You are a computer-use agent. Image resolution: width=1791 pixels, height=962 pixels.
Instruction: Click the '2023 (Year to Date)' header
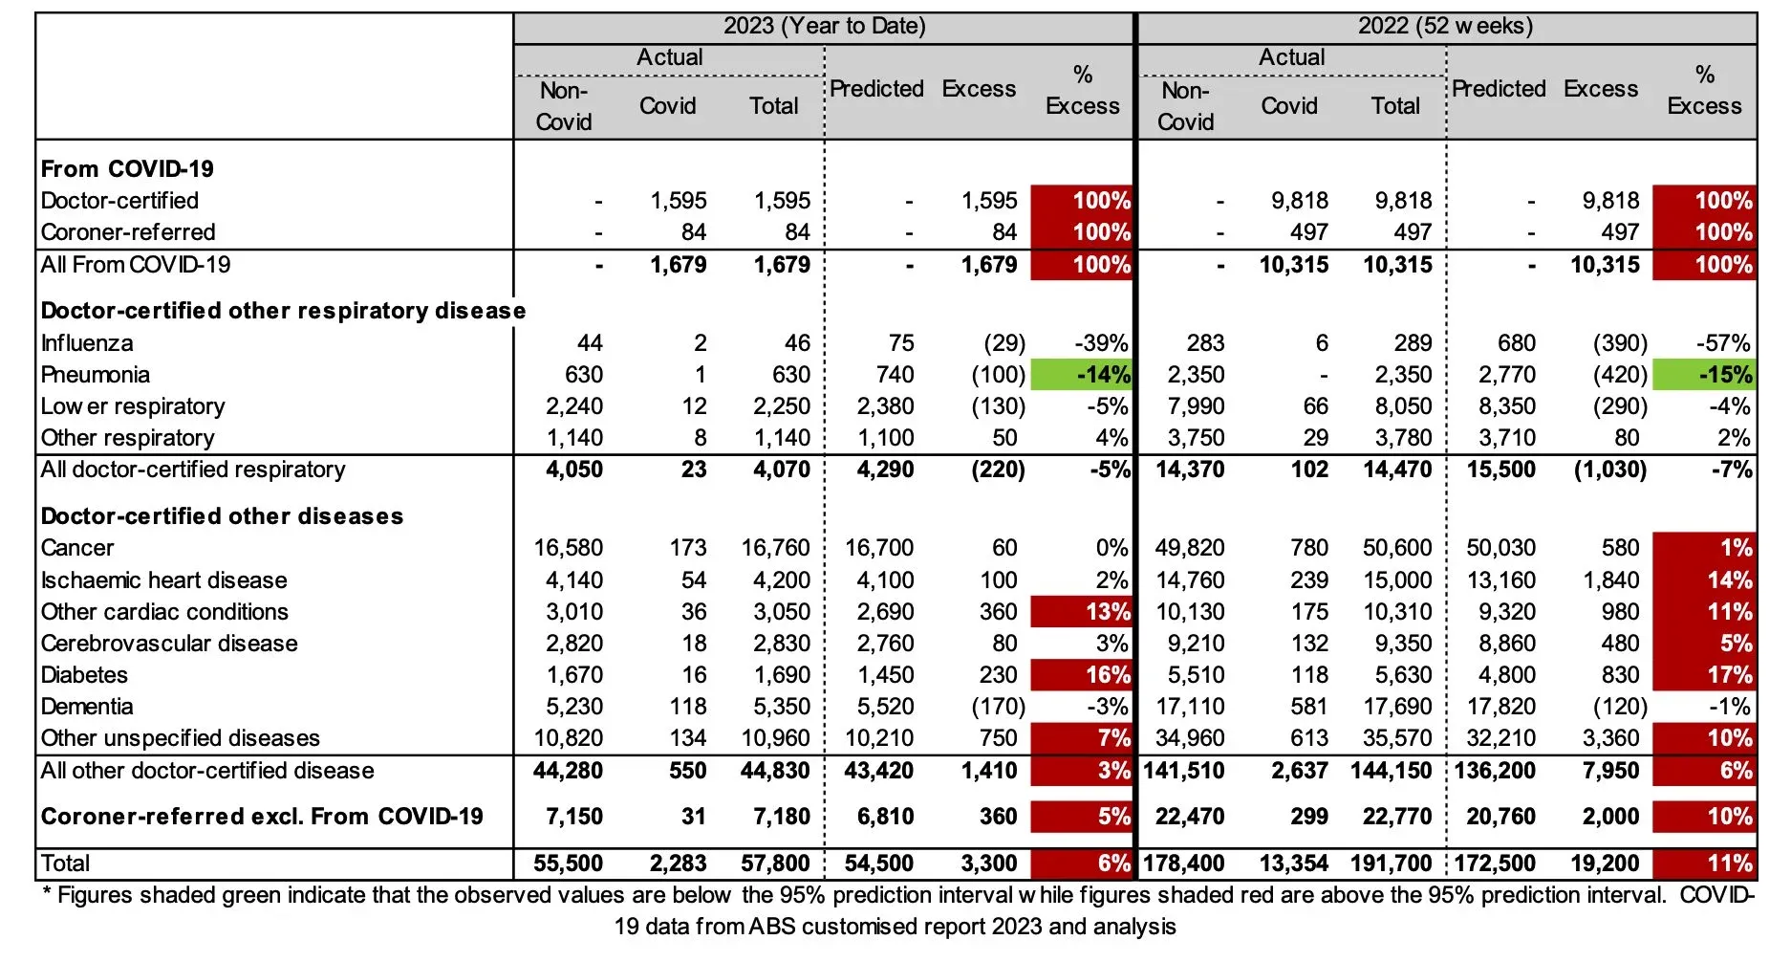point(824,26)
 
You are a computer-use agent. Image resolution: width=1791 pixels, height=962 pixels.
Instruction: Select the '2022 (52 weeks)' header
point(1445,26)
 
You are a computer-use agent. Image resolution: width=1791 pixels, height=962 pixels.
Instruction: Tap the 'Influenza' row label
point(87,342)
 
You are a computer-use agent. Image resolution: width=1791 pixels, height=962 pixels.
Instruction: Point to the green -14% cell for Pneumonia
point(1081,374)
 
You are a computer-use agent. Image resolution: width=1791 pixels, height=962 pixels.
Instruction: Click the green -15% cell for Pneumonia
point(1703,374)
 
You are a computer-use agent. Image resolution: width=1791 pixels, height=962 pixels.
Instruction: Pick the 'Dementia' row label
point(87,707)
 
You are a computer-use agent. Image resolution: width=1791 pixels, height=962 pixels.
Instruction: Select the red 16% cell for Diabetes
point(1081,675)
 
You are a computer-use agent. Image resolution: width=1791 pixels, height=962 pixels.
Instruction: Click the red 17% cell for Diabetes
point(1703,675)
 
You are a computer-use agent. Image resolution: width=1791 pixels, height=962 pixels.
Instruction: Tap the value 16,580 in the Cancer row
point(568,548)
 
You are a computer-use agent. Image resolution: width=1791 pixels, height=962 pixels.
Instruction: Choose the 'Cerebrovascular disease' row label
point(169,644)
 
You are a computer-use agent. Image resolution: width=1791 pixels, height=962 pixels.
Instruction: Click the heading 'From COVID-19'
point(127,169)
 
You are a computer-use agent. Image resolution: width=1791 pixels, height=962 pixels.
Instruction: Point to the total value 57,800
point(775,864)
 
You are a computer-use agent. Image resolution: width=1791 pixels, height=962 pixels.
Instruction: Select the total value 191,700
point(1391,864)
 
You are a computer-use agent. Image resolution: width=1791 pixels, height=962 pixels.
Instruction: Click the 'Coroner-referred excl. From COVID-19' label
point(262,817)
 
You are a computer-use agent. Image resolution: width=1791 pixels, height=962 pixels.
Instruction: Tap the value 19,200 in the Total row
point(1605,864)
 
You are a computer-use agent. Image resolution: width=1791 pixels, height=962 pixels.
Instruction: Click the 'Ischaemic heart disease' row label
point(163,580)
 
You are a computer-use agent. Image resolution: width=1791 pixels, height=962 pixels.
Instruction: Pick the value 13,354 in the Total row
point(1293,864)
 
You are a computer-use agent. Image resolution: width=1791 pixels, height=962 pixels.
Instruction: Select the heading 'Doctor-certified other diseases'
point(222,516)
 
